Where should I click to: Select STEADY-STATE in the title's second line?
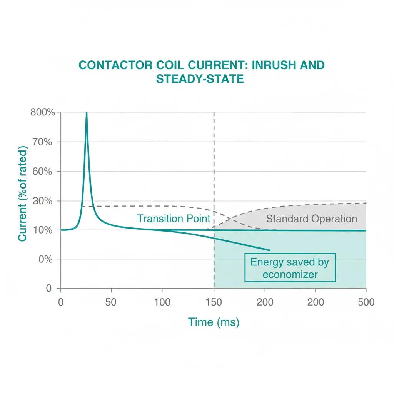click(x=200, y=79)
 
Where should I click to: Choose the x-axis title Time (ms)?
click(x=214, y=322)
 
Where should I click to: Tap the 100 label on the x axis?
click(x=162, y=302)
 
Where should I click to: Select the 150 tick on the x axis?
click(x=214, y=302)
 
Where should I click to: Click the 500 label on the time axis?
click(x=366, y=302)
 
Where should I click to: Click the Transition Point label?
click(x=174, y=219)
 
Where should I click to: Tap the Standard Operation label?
click(x=312, y=219)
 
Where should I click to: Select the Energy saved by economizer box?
click(x=290, y=268)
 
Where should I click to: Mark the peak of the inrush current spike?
click(x=87, y=113)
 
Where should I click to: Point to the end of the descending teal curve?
click(x=270, y=250)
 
